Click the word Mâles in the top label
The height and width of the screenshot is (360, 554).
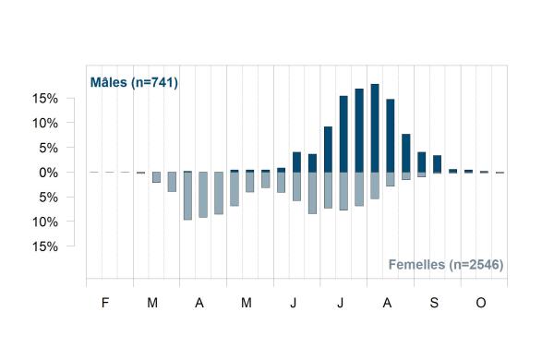(x=108, y=82)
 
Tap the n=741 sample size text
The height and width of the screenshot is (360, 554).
(x=154, y=83)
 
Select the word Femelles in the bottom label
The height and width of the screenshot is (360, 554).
(x=416, y=264)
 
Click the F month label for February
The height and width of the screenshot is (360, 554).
(x=105, y=303)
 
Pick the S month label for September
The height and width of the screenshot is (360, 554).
(x=434, y=303)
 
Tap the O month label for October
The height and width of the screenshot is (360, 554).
(x=481, y=303)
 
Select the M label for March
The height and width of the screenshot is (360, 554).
(x=152, y=303)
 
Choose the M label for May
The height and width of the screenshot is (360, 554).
(x=247, y=303)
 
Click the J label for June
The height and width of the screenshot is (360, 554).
(x=294, y=303)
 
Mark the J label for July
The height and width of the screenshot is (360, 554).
(x=340, y=303)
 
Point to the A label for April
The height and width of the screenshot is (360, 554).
(x=199, y=303)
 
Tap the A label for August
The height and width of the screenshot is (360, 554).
(x=387, y=303)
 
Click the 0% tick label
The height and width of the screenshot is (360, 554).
(x=48, y=173)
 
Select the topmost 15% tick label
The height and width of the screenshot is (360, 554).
(x=45, y=98)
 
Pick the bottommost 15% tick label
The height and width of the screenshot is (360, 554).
(x=45, y=246)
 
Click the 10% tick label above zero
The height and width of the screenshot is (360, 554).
(x=45, y=123)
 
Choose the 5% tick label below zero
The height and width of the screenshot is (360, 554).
(x=48, y=198)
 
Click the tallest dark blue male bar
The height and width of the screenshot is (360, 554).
(x=375, y=128)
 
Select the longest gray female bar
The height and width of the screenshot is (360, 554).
(x=187, y=196)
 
